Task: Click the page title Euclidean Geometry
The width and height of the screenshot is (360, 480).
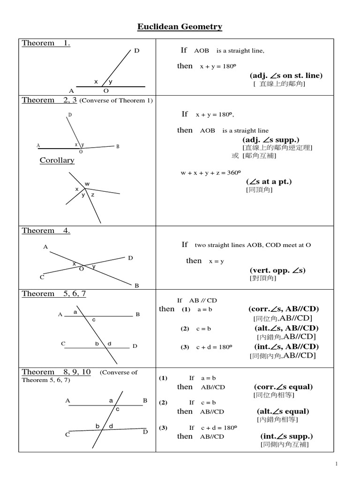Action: pos(180,27)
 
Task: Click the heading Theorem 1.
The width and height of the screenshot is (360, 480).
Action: pos(46,44)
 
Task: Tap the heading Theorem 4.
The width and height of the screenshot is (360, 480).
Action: pos(46,231)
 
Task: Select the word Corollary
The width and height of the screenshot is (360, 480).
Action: pos(57,160)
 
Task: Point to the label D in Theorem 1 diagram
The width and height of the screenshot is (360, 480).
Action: pos(136,51)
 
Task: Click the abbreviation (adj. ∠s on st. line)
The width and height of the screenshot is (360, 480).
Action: pos(286,75)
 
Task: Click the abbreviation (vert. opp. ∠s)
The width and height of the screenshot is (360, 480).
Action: pos(277,270)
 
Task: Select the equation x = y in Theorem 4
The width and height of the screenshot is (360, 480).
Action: pos(217,262)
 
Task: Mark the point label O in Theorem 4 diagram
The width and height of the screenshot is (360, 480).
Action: pos(82,269)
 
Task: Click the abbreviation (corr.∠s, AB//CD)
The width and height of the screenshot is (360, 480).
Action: pos(284,309)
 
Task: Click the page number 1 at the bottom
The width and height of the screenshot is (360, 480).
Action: pos(336,464)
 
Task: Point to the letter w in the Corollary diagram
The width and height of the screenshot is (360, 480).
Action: pos(87,184)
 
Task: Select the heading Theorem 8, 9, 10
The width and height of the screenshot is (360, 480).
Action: pos(56,372)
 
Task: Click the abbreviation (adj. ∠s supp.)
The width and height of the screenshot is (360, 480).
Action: pos(270,140)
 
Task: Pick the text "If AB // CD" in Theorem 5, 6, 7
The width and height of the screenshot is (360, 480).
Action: pos(197,300)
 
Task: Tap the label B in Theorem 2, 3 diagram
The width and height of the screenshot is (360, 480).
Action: pos(118,146)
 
